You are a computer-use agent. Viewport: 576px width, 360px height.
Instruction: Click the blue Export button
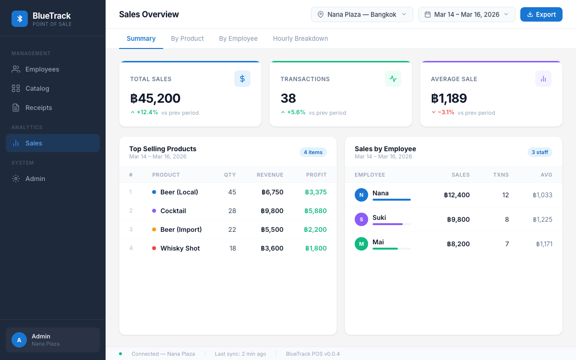[541, 14]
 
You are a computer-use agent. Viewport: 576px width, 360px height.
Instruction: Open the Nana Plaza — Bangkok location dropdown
[362, 14]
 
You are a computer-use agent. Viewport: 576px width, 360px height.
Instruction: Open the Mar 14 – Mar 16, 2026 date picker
[467, 14]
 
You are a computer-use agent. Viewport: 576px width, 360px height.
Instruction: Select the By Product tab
[187, 38]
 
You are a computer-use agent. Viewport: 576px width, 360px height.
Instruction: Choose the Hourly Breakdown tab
[300, 38]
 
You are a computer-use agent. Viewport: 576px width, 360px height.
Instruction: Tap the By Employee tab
[238, 38]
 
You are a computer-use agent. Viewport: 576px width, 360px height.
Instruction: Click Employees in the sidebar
[42, 69]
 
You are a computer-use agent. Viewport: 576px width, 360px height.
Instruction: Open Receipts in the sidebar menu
[38, 108]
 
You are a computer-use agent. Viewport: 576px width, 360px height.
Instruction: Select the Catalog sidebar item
[37, 88]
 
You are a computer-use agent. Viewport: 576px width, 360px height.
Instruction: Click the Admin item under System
[35, 179]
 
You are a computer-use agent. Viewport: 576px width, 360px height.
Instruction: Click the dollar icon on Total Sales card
[242, 79]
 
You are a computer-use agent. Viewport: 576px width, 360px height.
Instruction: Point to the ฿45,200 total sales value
[156, 98]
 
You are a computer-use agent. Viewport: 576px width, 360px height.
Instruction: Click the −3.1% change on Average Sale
[446, 112]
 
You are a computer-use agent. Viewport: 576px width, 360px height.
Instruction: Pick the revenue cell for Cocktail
[272, 211]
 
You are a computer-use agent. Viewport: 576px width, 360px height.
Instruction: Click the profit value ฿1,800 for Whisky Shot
[316, 248]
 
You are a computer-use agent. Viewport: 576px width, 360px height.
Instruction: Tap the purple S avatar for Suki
[361, 219]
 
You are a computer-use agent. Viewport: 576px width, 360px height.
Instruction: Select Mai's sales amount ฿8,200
[458, 244]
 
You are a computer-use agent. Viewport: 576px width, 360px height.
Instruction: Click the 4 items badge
[313, 152]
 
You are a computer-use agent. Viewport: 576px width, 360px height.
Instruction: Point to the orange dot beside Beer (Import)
[154, 229]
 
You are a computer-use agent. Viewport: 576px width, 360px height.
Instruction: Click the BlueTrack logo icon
[20, 18]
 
